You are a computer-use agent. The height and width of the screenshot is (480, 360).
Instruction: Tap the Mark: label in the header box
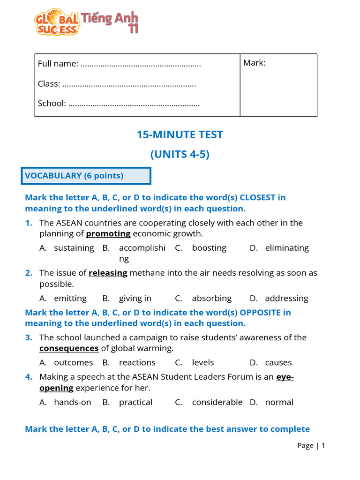click(254, 63)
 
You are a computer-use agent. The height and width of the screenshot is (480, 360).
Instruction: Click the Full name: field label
click(58, 63)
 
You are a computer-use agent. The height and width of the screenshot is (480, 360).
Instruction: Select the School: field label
click(52, 103)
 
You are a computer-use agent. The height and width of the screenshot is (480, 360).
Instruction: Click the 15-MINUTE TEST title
click(180, 135)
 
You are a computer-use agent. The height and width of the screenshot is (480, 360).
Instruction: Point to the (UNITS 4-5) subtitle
click(180, 154)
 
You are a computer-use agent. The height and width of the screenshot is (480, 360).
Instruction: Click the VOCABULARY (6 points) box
click(86, 176)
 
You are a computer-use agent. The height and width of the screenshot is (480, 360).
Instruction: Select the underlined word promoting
click(108, 233)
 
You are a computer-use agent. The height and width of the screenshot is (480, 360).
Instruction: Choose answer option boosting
click(209, 247)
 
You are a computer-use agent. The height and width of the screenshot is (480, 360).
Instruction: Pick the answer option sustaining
click(74, 247)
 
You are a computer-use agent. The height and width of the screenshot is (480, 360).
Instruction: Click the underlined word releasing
click(108, 273)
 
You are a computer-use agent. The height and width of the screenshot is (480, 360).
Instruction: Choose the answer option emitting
click(70, 298)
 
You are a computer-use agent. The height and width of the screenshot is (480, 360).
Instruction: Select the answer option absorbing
click(212, 298)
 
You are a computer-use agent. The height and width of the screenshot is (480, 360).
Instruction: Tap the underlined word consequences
click(69, 348)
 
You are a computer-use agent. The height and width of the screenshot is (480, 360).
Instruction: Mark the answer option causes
click(278, 362)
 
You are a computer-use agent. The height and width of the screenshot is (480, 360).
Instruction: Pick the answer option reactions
click(137, 362)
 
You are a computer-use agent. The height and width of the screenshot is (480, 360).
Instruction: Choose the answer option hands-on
click(73, 402)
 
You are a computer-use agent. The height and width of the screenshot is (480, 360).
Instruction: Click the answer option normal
click(279, 402)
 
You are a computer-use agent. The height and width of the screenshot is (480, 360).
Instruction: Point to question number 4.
click(29, 377)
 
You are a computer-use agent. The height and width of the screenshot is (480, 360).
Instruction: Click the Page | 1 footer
click(311, 445)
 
